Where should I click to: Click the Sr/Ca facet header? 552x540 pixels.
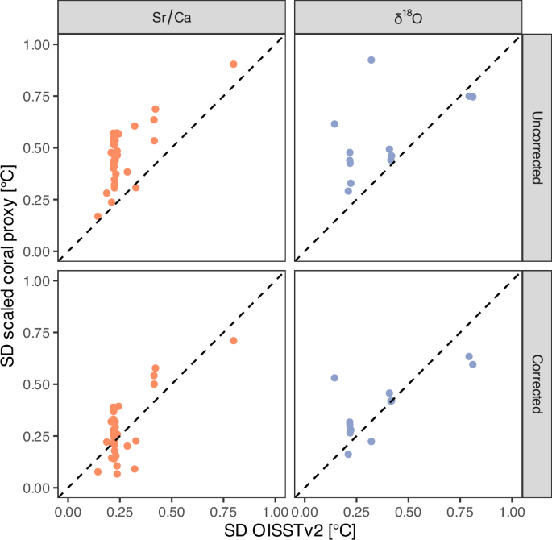[172, 16]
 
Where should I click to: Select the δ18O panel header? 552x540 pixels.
[409, 16]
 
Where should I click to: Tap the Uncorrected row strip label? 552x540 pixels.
[535, 147]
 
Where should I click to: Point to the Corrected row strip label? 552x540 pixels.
[535, 384]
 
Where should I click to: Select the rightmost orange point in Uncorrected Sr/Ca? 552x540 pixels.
[234, 64]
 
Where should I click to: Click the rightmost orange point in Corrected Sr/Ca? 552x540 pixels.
[234, 341]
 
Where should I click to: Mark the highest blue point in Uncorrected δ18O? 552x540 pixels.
[371, 60]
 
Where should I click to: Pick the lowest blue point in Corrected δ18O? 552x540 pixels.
[348, 455]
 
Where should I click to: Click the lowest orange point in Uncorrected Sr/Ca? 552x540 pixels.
[98, 216]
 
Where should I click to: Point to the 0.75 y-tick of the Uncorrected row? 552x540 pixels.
[38, 96]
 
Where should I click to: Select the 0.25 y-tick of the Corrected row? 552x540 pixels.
[38, 436]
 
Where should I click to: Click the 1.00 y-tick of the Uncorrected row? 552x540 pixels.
[38, 44]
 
